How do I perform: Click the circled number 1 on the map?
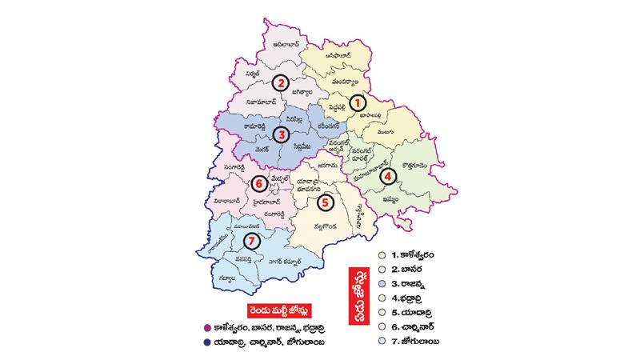pyautogui.click(x=359, y=102)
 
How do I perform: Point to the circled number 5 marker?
pyautogui.click(x=324, y=202)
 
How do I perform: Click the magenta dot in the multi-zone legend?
pyautogui.click(x=208, y=328)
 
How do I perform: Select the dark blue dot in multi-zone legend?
pyautogui.click(x=208, y=343)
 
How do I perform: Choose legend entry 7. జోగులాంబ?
pyautogui.click(x=421, y=342)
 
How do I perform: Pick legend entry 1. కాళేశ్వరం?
pyautogui.click(x=419, y=254)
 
